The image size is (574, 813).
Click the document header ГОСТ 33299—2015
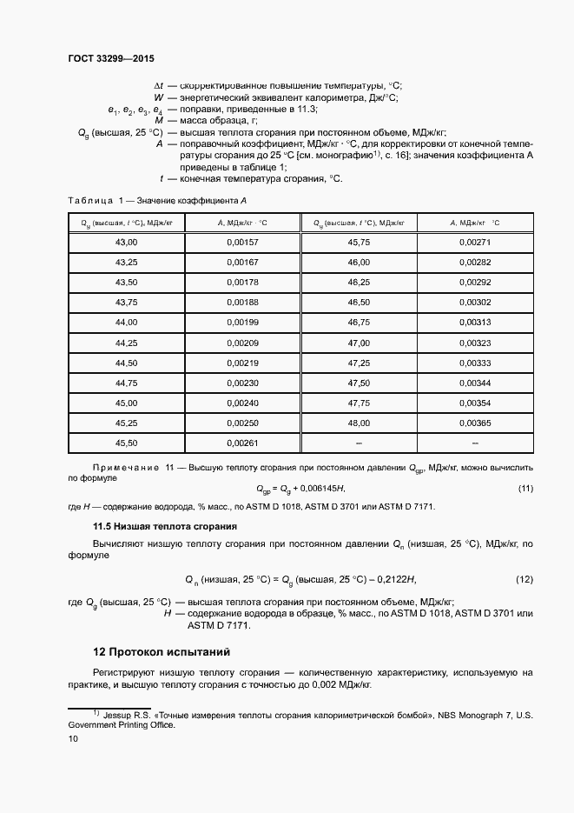click(110, 59)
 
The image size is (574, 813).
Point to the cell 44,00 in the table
click(127, 323)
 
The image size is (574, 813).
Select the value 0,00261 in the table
click(242, 443)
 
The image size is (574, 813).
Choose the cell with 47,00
click(359, 343)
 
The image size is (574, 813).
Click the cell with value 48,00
click(359, 423)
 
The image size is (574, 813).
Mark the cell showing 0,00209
click(242, 343)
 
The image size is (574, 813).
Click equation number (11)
click(525, 489)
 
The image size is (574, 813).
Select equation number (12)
click(525, 579)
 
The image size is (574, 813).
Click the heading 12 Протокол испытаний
click(161, 651)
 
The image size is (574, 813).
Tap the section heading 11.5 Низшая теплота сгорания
click(153, 527)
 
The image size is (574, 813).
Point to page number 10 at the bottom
click(73, 738)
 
